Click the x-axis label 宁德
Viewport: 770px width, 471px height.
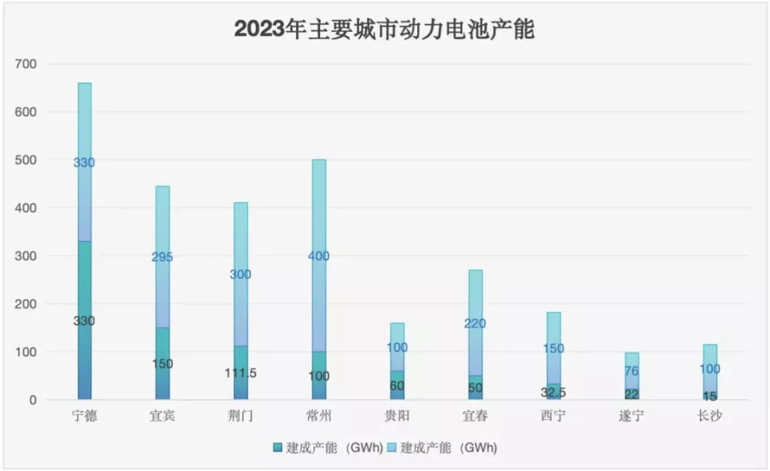tap(84, 416)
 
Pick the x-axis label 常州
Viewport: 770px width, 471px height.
tap(318, 416)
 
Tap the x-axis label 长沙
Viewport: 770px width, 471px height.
tap(710, 416)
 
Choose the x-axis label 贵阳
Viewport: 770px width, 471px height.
tap(397, 416)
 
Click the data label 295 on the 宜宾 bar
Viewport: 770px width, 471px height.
tap(162, 257)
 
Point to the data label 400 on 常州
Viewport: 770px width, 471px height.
tap(318, 256)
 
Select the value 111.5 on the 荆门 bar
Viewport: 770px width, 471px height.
tap(241, 372)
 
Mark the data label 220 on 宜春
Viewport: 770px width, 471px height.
tap(475, 324)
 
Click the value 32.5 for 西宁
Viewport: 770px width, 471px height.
tap(553, 392)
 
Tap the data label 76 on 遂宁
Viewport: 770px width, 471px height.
tap(631, 370)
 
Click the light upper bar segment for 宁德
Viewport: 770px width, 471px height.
tap(84, 200)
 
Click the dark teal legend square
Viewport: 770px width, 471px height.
tap(278, 447)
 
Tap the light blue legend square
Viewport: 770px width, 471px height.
tap(392, 447)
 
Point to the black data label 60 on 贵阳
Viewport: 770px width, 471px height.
tap(397, 385)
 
